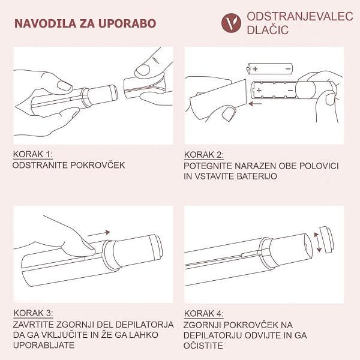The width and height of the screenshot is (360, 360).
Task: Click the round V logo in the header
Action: coord(231,23)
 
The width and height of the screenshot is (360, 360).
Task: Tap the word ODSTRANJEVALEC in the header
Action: coord(300,17)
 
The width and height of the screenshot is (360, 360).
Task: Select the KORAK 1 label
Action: coord(33,154)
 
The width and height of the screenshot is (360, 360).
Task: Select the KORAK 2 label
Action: coord(203,155)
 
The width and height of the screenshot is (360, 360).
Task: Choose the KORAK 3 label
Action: coord(33,313)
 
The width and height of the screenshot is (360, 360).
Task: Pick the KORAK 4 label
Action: coord(203,313)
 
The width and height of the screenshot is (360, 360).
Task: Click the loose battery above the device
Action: coord(269,68)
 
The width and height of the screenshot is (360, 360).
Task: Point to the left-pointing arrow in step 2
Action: coord(256,104)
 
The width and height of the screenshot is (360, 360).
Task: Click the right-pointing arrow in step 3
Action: coord(99,233)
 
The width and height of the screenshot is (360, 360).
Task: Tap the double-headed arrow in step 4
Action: coord(318,242)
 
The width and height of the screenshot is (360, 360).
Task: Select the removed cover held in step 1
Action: coord(145,88)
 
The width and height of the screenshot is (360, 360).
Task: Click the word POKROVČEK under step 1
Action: coord(98,165)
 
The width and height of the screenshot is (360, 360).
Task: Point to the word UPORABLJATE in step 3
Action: coord(44,345)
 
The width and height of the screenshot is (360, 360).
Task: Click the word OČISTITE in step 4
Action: coord(203,346)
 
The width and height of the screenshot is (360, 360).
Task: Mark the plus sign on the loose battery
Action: coord(256,68)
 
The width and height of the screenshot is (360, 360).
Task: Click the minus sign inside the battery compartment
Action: coord(290,90)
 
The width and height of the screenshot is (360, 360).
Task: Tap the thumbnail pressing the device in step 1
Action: coord(64,86)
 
